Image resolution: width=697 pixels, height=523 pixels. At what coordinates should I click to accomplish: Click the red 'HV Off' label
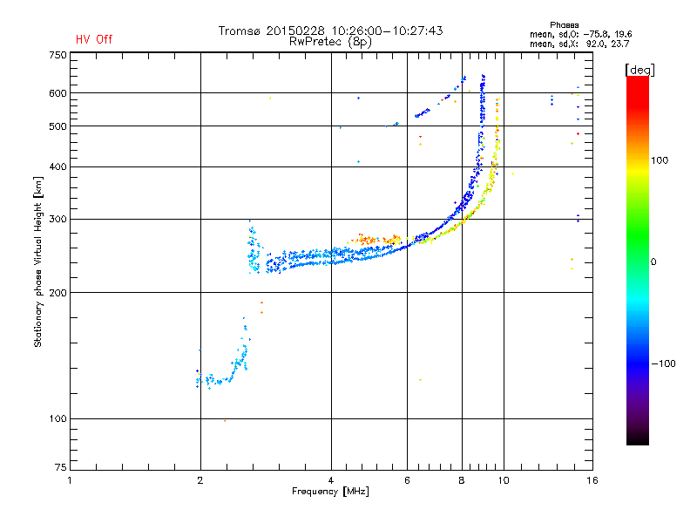[x=94, y=39]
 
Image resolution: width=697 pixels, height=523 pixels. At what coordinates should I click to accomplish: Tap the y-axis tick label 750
[x=57, y=54]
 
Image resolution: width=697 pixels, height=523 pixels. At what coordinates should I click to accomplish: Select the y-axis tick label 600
[x=57, y=93]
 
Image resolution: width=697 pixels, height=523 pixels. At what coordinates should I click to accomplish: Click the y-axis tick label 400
[x=57, y=166]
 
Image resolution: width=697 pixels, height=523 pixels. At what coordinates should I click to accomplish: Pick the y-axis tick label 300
[x=57, y=219]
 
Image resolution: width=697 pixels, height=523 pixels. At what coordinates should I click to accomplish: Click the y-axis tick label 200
[x=57, y=293]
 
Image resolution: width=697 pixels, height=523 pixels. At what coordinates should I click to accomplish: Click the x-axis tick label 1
[x=70, y=480]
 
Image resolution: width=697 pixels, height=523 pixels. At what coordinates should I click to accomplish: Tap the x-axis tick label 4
[x=331, y=480]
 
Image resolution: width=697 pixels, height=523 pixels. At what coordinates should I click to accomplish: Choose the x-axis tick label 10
[x=502, y=480]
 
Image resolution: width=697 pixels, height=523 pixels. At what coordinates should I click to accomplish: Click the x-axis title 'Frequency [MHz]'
[x=330, y=492]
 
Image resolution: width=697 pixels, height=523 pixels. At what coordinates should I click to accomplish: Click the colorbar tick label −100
[x=664, y=363]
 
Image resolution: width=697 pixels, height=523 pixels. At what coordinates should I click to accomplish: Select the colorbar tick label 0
[x=654, y=261]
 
